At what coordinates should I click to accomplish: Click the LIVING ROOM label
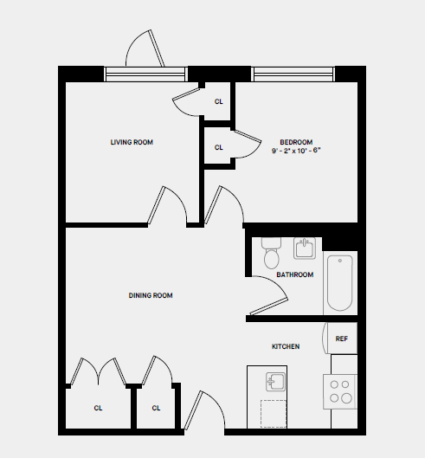point(132,142)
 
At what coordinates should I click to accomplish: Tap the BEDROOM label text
point(296,142)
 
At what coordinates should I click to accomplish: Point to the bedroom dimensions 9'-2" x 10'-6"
point(296,151)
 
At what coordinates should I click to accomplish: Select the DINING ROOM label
point(151,295)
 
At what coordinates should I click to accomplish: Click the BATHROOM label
point(294,275)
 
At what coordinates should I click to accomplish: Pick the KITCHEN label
point(286,346)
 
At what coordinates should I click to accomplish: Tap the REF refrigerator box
point(342,339)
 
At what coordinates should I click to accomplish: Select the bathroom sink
point(304,249)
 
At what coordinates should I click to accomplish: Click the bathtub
point(339,284)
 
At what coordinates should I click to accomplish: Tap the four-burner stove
point(341,391)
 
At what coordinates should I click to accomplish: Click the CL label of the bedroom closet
point(218,147)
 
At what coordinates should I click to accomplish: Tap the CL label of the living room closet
point(218,101)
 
